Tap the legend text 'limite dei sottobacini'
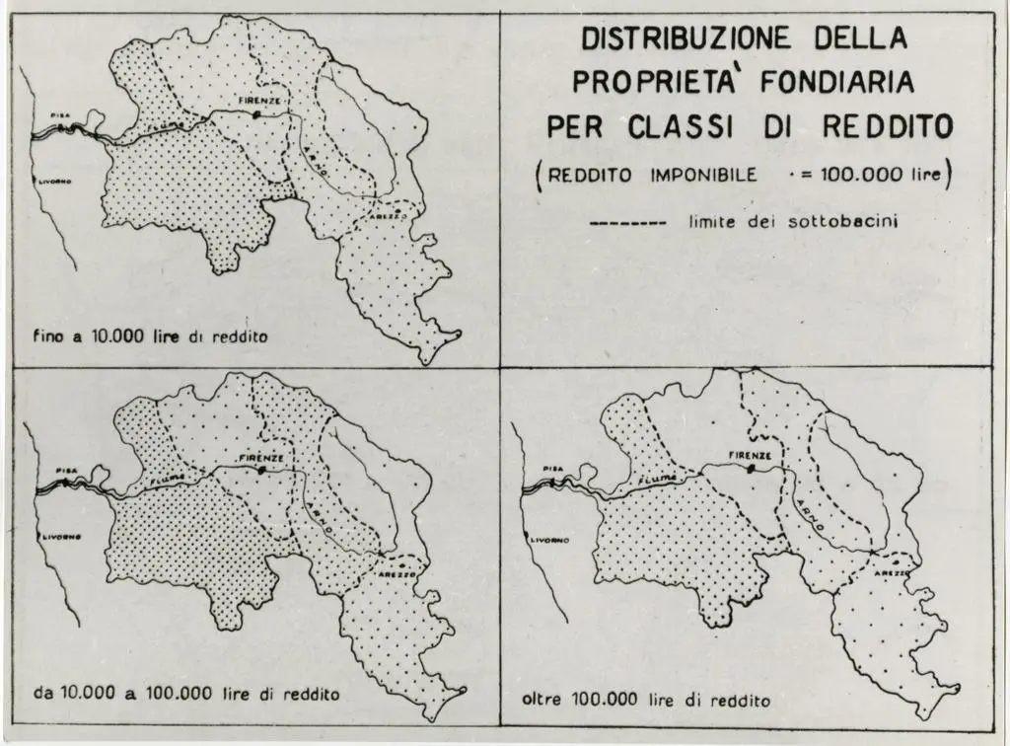pos(792,223)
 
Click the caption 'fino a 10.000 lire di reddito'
pos(151,336)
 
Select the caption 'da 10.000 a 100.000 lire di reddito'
pos(186,694)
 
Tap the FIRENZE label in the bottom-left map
pos(263,458)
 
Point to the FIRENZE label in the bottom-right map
pos(750,455)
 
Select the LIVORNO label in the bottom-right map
pos(546,542)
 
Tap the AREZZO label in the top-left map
pos(390,215)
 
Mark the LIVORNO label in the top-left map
pos(54,182)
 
